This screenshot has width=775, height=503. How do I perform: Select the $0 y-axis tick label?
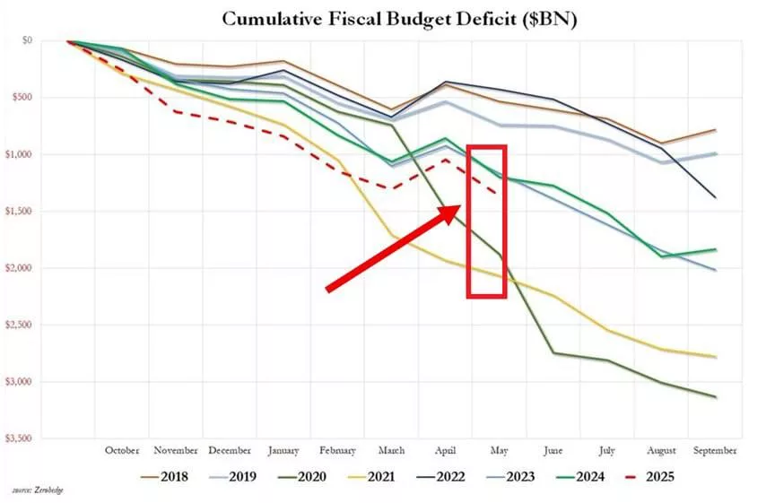(x=52, y=40)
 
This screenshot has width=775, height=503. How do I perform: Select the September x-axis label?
(x=715, y=450)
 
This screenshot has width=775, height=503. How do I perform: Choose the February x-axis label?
(x=337, y=450)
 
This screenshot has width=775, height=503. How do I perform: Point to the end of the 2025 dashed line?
(x=499, y=193)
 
